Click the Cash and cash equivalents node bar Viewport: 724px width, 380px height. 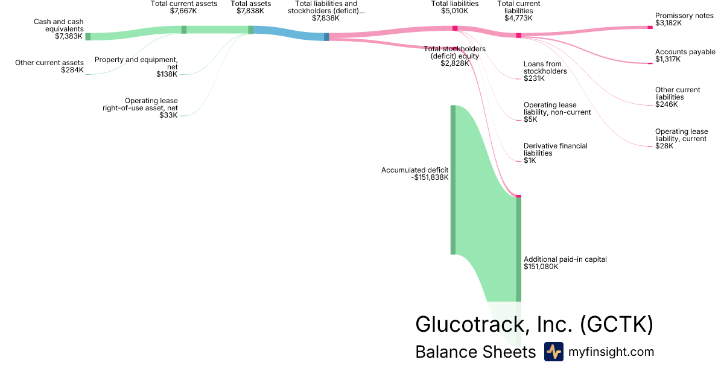87,37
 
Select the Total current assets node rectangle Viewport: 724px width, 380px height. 184,30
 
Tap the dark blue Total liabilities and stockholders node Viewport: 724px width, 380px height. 326,37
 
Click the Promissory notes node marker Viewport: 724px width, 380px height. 650,27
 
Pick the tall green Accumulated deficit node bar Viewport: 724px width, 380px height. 453,180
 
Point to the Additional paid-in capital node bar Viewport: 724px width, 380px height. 518,249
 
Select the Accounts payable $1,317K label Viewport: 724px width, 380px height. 685,55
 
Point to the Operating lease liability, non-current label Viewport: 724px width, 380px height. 557,112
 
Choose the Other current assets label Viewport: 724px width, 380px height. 49,66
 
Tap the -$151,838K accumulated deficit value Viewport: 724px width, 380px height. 429,177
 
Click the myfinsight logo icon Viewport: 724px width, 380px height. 553,352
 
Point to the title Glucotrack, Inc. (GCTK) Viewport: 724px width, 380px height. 534,325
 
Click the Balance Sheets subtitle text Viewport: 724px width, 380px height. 475,352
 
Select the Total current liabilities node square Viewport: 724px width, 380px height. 518,36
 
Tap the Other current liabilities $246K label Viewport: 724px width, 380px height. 678,97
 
